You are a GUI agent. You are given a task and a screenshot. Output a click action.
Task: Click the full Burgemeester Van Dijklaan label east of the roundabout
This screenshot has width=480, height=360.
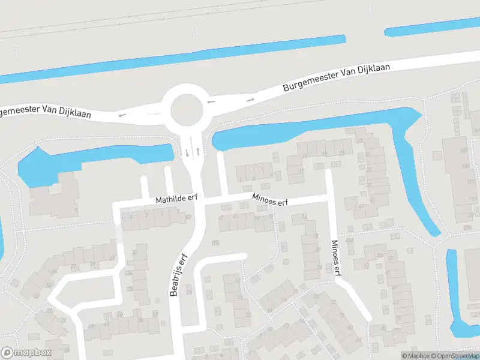(337, 79)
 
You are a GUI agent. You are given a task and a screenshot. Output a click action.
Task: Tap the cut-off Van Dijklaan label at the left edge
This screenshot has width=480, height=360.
(45, 112)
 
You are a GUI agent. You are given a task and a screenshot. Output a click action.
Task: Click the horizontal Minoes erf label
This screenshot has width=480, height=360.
(270, 200)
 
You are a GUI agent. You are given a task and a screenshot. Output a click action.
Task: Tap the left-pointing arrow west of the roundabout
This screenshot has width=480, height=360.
(123, 114)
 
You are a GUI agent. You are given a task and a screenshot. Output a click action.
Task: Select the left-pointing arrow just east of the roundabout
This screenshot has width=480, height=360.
(211, 102)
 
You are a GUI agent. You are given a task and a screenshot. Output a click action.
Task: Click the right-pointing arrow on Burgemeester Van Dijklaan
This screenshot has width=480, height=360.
(250, 99)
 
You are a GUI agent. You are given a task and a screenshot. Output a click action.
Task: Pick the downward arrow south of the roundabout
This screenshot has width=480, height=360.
(187, 152)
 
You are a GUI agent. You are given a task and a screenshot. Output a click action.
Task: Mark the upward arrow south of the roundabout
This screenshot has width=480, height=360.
(197, 152)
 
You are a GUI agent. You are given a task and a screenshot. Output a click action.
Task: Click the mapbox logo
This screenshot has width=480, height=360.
(26, 353)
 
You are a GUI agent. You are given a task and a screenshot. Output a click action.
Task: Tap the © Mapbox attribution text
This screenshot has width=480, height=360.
(416, 356)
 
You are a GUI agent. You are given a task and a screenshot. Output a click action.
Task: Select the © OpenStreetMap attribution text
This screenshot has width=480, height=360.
(454, 356)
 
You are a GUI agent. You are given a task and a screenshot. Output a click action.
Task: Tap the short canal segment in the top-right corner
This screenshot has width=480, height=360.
(432, 27)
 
